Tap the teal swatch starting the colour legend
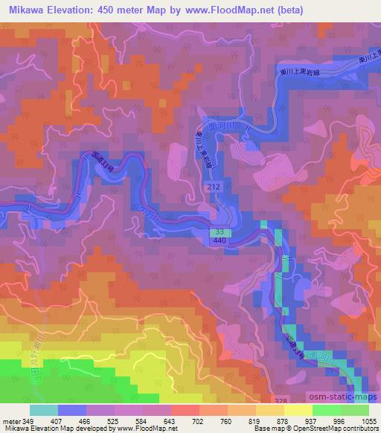[x=44, y=409]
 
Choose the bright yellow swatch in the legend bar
[x=298, y=409]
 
